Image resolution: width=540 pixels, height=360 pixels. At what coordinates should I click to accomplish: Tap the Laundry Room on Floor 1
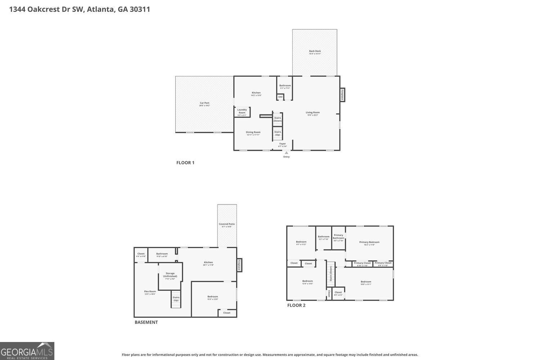click(242, 112)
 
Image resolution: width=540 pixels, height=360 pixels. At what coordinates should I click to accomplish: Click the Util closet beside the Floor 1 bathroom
click(280, 97)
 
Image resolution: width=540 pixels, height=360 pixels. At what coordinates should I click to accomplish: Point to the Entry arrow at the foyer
click(287, 153)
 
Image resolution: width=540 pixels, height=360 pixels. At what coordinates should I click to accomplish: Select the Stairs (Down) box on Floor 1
click(278, 119)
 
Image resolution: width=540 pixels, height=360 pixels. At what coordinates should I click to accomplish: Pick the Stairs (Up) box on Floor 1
click(278, 133)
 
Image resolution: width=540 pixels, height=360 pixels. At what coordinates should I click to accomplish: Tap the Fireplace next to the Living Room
click(342, 95)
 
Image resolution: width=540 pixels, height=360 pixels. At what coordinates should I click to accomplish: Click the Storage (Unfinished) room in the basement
click(170, 276)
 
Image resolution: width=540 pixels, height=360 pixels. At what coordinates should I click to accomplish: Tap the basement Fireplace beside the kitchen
click(239, 265)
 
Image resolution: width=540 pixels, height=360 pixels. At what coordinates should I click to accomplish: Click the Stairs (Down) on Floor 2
click(331, 275)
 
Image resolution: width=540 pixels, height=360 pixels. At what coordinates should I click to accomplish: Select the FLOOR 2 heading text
click(296, 305)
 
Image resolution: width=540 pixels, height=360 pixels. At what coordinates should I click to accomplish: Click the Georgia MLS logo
click(27, 351)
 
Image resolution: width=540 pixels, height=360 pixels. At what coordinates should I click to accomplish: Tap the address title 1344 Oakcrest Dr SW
click(80, 9)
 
